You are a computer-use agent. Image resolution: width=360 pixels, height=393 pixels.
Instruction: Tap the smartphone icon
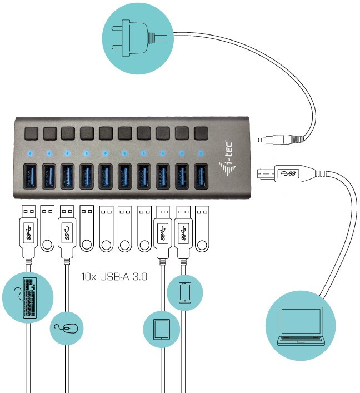click(185, 292)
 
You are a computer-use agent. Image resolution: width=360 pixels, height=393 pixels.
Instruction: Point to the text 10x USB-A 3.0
click(114, 275)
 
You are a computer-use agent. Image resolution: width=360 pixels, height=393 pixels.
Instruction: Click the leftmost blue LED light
click(29, 152)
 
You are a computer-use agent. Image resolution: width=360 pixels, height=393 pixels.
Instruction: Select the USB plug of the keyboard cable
click(29, 231)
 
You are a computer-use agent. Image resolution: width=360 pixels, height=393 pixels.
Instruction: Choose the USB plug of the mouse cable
click(67, 231)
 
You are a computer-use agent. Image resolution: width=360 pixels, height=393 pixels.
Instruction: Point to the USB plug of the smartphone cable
click(182, 231)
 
